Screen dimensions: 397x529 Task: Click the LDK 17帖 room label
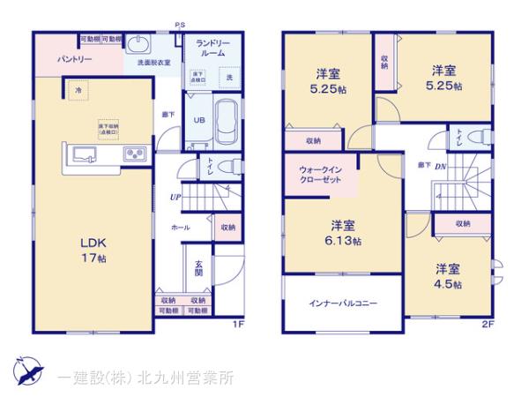[95, 251]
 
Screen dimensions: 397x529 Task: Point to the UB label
[199, 121]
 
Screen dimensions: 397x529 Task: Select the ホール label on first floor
[179, 228]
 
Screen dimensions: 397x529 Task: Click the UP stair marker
[175, 197]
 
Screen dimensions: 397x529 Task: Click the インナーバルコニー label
[343, 303]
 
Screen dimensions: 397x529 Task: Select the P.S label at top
[180, 26]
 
